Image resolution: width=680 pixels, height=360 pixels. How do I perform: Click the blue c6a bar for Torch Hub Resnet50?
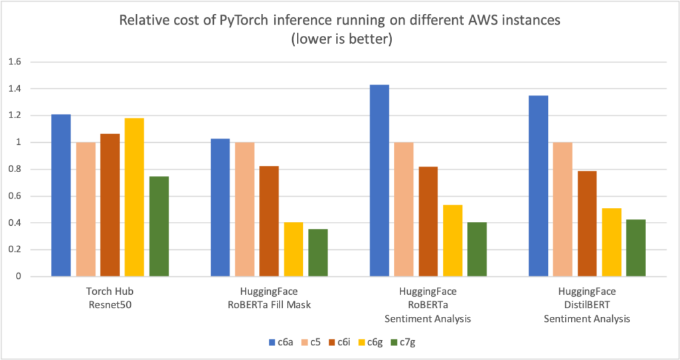pos(61,195)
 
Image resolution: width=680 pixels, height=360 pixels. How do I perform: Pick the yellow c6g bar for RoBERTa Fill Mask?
pos(293,249)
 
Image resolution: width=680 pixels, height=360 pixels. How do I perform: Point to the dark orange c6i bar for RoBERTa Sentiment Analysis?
pos(428,221)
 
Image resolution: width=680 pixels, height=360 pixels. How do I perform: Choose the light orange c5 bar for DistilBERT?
pos(562,209)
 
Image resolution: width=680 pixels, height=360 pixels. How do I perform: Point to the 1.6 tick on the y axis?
pos(14,62)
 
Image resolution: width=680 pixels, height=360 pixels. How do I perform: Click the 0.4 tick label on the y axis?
pos(14,223)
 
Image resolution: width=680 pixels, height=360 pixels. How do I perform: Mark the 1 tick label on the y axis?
pos(19,142)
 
